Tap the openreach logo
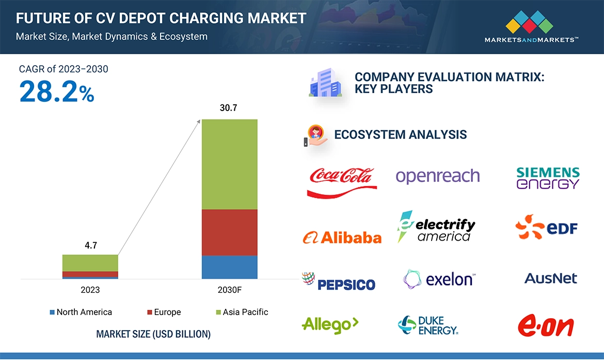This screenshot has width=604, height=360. (438, 177)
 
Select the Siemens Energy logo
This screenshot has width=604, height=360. (548, 178)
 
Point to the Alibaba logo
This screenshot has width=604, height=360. (342, 237)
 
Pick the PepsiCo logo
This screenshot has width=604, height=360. (339, 282)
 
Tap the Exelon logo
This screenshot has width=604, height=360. (439, 279)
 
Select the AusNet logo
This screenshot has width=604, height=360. (550, 278)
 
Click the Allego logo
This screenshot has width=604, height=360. (330, 324)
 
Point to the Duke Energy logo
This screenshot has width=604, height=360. (428, 325)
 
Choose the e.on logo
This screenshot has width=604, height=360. (546, 326)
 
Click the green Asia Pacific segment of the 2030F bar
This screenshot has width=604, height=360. (229, 164)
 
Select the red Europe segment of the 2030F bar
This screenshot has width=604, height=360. (229, 232)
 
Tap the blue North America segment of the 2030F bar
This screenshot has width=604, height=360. (229, 267)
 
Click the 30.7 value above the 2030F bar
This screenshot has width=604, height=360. (229, 108)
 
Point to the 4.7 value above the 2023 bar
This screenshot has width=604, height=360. (90, 245)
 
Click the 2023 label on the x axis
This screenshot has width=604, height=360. (90, 290)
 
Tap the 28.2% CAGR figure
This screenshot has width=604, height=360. (57, 92)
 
